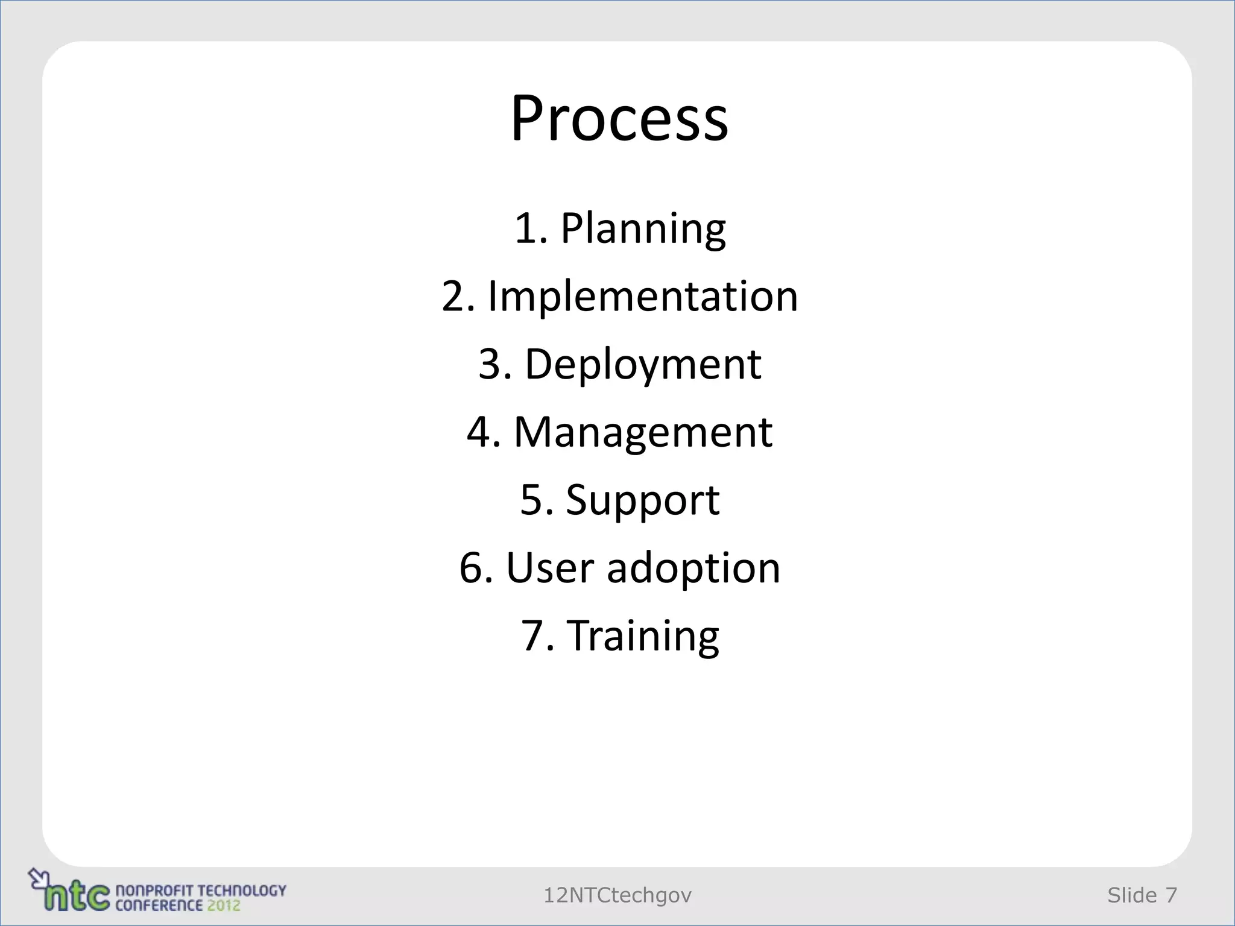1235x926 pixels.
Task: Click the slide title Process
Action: (619, 118)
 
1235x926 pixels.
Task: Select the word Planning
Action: (643, 229)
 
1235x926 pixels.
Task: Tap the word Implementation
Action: (643, 297)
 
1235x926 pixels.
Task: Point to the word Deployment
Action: (643, 365)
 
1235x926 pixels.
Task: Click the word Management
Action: (643, 432)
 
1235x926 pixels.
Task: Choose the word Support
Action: (643, 500)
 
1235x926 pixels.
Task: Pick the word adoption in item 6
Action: (693, 569)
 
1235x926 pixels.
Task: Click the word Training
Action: (644, 637)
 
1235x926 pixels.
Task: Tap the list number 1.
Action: (526, 229)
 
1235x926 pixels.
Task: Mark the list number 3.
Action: (491, 365)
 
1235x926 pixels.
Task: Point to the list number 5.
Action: (532, 500)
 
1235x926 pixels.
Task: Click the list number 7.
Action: (533, 637)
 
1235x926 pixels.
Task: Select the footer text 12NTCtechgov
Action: (617, 896)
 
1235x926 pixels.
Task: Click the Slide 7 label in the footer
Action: (1142, 896)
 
